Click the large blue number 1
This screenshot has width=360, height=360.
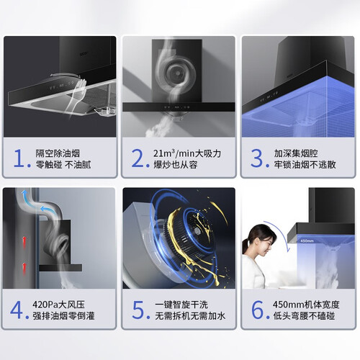(19, 158)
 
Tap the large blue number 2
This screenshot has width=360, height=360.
(138, 158)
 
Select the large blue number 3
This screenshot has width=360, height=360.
(257, 158)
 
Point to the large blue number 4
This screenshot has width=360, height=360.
(17, 310)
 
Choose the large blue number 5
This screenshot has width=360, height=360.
(138, 310)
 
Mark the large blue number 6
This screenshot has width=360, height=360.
(258, 310)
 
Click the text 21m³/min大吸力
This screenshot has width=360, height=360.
(187, 153)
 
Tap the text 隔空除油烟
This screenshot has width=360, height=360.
(58, 153)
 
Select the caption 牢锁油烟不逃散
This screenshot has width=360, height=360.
(305, 165)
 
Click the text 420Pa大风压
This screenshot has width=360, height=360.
(59, 305)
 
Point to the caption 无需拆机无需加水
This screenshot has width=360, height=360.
(190, 316)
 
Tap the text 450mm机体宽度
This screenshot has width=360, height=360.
(306, 305)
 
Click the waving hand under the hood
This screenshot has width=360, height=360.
(81, 89)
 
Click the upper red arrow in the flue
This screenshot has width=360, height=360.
(24, 243)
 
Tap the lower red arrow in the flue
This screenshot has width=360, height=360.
(24, 269)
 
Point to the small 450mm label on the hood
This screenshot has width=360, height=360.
(305, 240)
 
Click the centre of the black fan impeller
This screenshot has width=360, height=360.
(198, 230)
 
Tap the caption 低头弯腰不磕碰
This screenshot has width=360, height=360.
(305, 316)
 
